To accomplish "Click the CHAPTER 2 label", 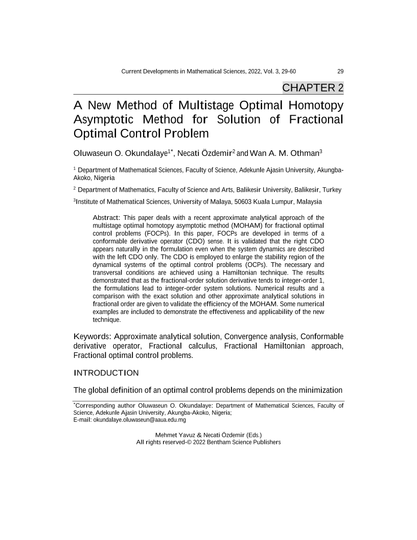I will point(313,87).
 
